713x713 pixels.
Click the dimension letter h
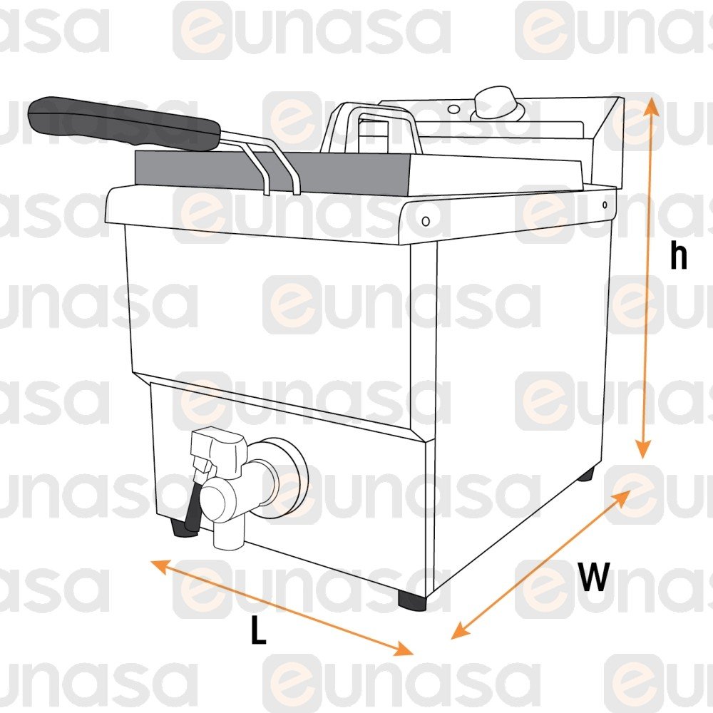coord(679,256)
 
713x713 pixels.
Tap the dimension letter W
coord(594,576)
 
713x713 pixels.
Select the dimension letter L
coord(258,630)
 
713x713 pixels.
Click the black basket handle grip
coord(123,123)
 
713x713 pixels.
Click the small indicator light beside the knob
coord(453,109)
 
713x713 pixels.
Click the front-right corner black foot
coord(412,600)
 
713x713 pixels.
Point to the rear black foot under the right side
coord(586,476)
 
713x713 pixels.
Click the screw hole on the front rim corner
coord(426,222)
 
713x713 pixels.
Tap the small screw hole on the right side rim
coord(605,205)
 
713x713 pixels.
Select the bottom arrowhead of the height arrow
coord(643,450)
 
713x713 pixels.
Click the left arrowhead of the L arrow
coord(160,565)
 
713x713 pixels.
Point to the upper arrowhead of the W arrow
coord(623,498)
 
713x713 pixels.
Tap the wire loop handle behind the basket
coord(371,128)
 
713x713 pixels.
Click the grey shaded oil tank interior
coord(273,173)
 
